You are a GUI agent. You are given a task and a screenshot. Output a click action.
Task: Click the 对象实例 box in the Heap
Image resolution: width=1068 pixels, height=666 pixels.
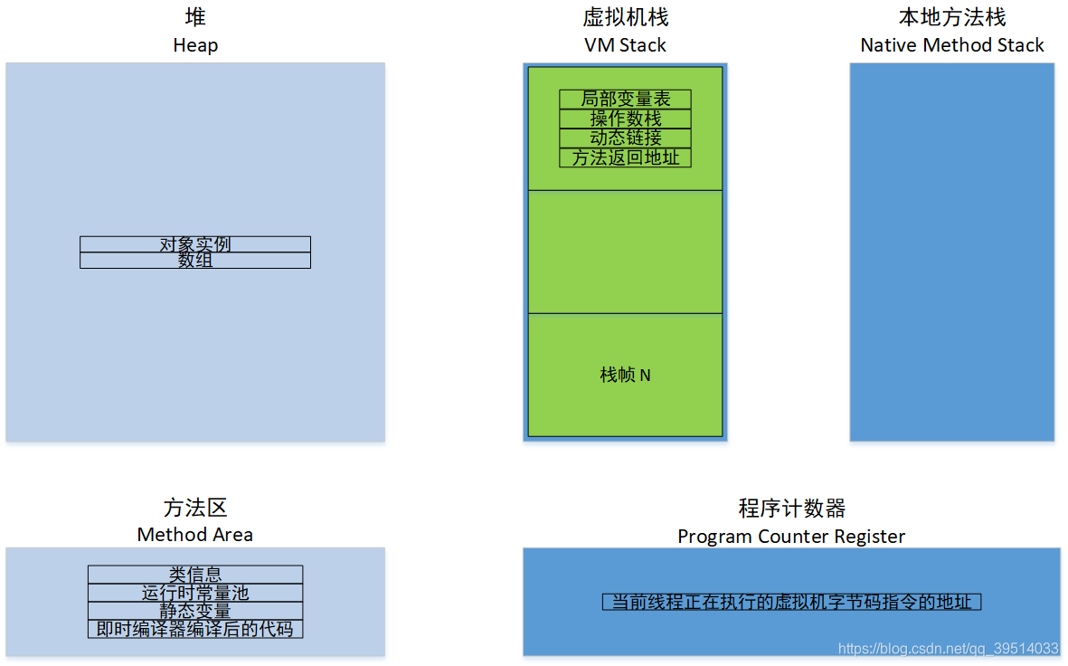[195, 244]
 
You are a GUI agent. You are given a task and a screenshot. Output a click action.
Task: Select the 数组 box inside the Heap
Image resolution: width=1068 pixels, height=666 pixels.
[195, 261]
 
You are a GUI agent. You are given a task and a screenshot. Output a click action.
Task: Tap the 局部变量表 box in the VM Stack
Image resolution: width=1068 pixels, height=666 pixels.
[625, 100]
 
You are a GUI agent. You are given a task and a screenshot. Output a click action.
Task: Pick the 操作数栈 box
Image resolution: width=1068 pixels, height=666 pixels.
[625, 119]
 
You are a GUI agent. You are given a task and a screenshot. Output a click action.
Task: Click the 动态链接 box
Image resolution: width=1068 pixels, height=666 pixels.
[625, 138]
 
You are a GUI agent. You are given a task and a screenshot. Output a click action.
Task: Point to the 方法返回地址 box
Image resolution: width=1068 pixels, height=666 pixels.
[625, 157]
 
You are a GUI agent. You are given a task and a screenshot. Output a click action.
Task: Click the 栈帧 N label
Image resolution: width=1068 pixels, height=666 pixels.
[625, 375]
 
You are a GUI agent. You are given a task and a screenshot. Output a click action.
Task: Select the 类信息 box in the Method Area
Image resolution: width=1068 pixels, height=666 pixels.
[195, 575]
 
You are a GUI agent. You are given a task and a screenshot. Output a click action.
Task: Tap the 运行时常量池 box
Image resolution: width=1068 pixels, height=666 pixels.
[195, 593]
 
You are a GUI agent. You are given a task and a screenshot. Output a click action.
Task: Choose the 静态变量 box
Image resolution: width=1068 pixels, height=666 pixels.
[195, 611]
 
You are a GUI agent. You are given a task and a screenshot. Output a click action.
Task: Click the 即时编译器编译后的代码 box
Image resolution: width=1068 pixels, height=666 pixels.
[195, 629]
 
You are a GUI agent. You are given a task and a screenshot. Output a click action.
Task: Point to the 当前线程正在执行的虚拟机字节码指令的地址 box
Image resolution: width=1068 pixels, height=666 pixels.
[791, 602]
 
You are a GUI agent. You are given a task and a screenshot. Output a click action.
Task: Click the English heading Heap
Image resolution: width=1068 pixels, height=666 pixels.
[195, 45]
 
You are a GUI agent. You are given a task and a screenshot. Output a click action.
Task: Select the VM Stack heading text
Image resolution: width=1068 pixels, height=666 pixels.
[625, 45]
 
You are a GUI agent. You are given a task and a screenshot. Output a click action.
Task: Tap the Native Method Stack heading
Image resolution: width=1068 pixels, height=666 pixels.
[952, 45]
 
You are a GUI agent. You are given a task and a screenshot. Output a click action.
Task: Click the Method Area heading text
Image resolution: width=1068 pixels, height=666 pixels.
[195, 535]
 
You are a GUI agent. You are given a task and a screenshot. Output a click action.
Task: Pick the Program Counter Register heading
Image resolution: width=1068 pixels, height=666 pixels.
[791, 537]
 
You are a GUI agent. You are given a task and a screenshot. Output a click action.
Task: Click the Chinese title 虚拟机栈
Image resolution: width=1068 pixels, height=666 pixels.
[625, 18]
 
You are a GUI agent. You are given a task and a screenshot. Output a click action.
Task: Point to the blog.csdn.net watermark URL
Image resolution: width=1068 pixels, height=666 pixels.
[948, 649]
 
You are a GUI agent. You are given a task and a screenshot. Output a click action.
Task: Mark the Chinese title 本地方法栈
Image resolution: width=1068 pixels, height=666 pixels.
[952, 18]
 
